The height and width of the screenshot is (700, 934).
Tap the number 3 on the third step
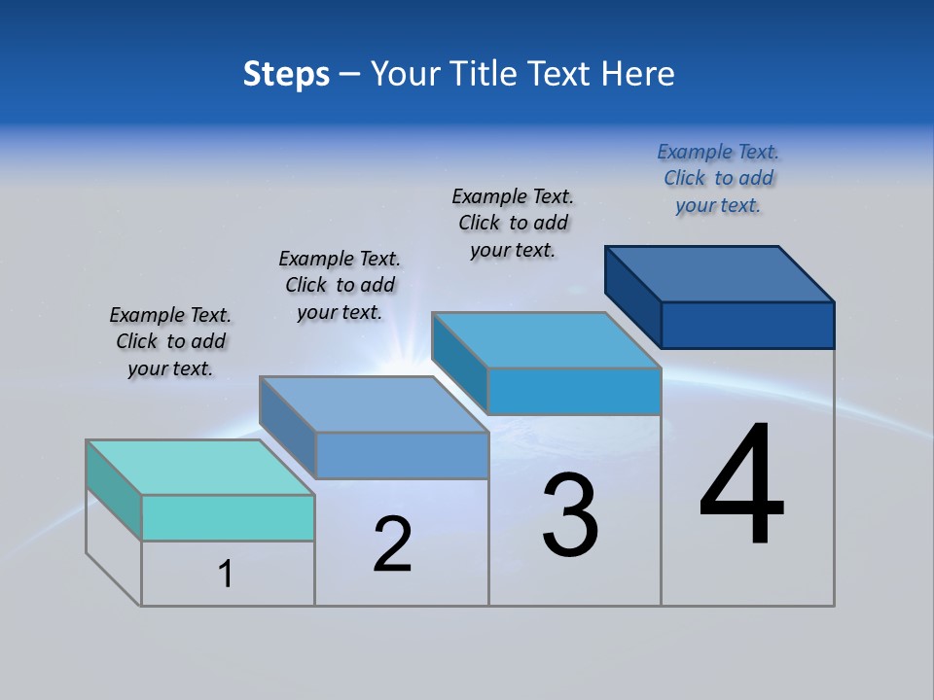[570, 515]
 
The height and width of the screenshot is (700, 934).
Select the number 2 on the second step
[393, 543]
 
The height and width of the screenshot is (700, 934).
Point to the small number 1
[226, 575]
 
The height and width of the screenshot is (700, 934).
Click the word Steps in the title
[286, 74]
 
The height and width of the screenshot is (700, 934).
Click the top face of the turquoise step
[200, 468]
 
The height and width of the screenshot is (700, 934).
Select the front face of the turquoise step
[228, 517]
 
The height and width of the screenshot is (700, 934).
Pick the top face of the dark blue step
[720, 273]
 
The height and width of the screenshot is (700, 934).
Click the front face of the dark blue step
[747, 325]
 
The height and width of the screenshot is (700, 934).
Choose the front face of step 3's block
[574, 391]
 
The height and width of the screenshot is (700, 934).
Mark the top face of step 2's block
[374, 404]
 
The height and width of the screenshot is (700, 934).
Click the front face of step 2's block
[402, 455]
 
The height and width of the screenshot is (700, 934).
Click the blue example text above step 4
[718, 178]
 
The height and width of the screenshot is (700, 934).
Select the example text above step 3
[513, 223]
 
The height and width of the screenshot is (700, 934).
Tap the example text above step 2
[340, 285]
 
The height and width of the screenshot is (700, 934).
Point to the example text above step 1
[170, 341]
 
